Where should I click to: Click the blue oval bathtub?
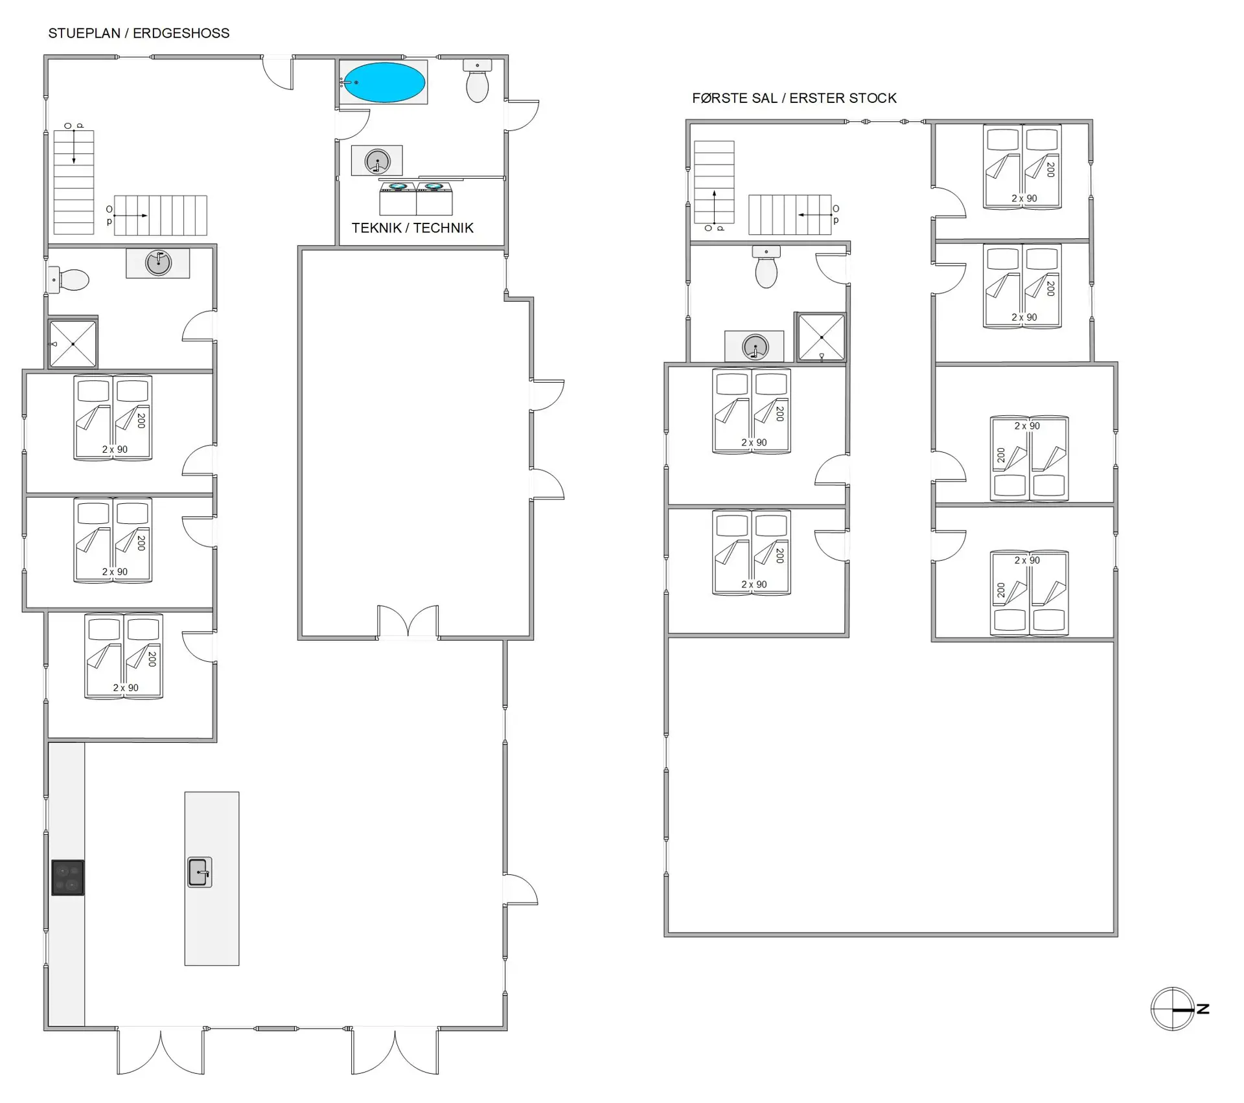tap(384, 82)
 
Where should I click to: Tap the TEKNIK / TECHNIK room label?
tap(413, 228)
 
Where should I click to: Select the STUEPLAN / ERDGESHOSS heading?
tap(139, 33)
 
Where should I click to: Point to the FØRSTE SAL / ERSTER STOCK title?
tap(794, 98)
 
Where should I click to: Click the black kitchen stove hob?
tap(67, 878)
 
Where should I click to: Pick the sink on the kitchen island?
tap(200, 872)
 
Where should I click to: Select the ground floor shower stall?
tap(73, 343)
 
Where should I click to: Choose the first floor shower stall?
tap(821, 337)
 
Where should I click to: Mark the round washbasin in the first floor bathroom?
tap(755, 347)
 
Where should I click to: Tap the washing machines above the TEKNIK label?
tap(416, 198)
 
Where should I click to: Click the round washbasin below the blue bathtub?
tap(378, 161)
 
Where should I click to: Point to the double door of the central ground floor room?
tap(408, 622)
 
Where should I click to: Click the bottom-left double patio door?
tap(161, 1051)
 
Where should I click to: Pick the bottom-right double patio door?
tap(395, 1051)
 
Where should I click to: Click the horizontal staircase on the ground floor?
tap(161, 215)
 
